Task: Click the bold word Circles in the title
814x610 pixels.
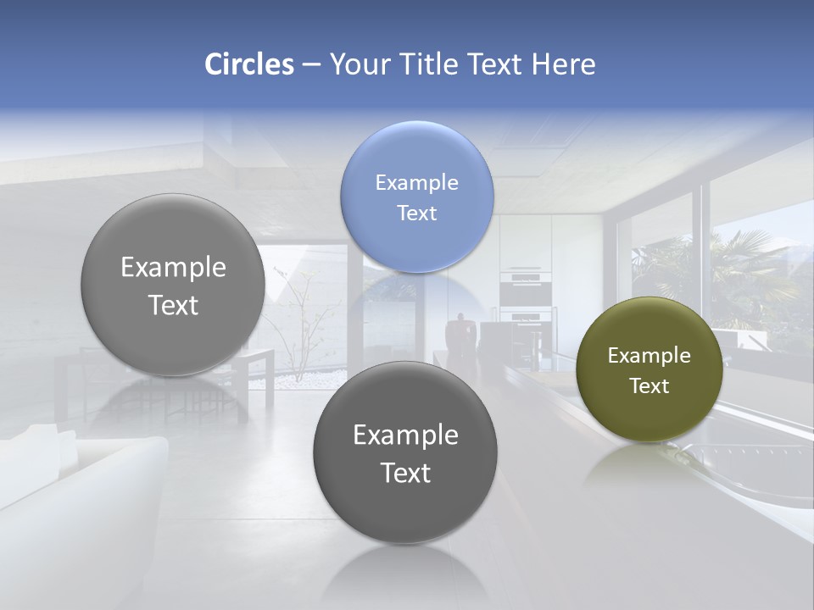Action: pos(249,64)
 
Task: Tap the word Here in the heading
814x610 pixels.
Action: pos(563,64)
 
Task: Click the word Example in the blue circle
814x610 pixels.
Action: pos(417,183)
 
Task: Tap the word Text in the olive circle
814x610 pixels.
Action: pos(650,386)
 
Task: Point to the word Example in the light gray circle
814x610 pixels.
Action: pos(173,268)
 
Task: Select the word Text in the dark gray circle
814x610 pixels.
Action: pos(405,473)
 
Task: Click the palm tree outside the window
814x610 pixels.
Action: pos(746,271)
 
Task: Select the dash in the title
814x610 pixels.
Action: pos(311,64)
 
